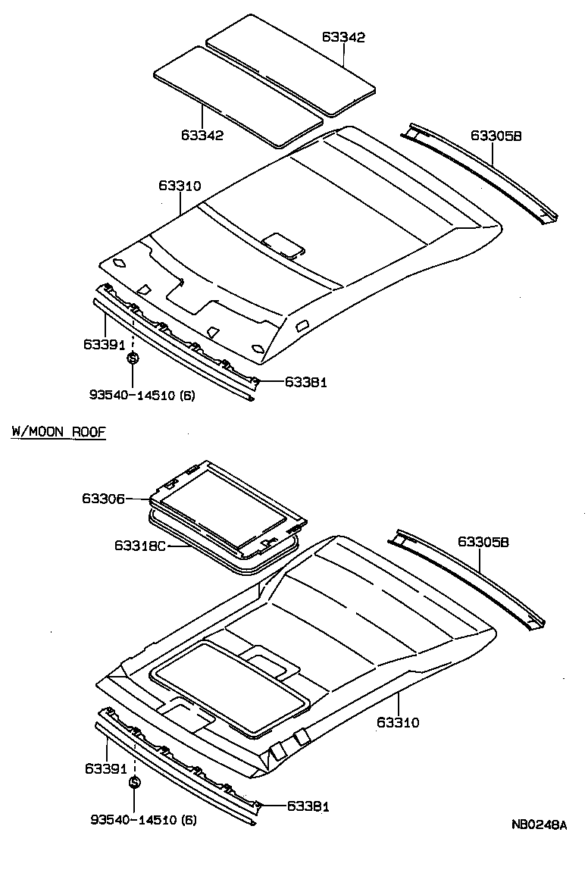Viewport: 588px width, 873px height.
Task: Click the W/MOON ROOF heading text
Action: pyautogui.click(x=58, y=432)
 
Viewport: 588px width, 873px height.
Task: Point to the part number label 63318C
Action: pyautogui.click(x=141, y=545)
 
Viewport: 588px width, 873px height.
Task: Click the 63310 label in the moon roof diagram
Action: pyautogui.click(x=397, y=722)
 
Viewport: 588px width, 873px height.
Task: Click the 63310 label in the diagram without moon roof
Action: pyautogui.click(x=180, y=186)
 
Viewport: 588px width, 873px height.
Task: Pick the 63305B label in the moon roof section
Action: pyautogui.click(x=483, y=542)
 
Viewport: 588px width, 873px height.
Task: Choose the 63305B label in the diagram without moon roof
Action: pyautogui.click(x=496, y=136)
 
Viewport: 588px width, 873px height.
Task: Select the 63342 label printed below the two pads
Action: pyautogui.click(x=202, y=135)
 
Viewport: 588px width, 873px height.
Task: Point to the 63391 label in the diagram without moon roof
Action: pyautogui.click(x=105, y=344)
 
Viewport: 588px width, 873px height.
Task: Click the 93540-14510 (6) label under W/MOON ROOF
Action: pyautogui.click(x=143, y=820)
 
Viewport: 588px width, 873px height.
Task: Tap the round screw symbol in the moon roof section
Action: pyautogui.click(x=134, y=782)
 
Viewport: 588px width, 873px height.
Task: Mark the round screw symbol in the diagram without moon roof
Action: pyautogui.click(x=133, y=359)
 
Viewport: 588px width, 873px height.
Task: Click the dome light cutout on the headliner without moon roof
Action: pyautogui.click(x=283, y=245)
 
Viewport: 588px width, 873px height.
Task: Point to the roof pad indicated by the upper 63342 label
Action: pyautogui.click(x=292, y=64)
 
